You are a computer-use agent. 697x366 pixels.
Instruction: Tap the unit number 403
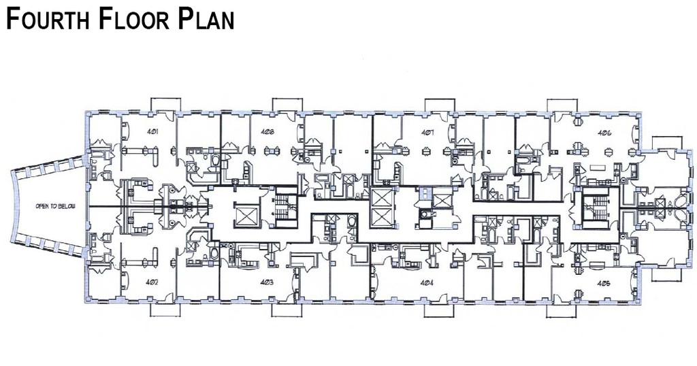(267, 282)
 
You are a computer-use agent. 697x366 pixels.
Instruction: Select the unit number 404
(427, 282)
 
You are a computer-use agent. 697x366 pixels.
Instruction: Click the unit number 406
(604, 133)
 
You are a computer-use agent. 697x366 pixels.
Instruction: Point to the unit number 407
(427, 133)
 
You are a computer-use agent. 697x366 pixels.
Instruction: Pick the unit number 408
(267, 133)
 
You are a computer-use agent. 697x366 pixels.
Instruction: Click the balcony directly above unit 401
(166, 104)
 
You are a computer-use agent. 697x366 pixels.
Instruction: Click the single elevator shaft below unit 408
(244, 215)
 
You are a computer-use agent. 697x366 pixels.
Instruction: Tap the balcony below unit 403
(287, 310)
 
